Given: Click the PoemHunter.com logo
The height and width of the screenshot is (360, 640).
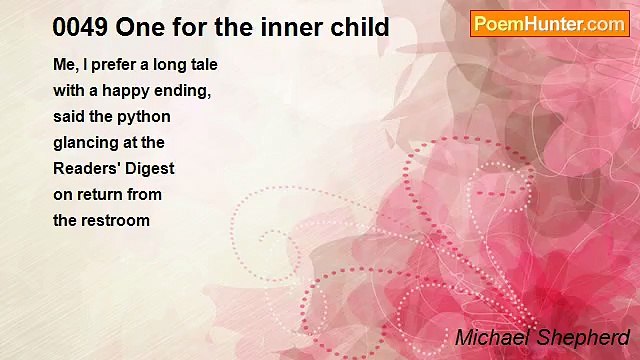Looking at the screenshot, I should point(549,24).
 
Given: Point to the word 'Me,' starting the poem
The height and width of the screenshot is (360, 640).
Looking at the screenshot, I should point(65,65).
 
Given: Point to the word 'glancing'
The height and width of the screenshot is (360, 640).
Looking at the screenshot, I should point(85,143).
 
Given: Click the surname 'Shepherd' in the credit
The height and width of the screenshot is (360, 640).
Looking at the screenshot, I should point(585,337).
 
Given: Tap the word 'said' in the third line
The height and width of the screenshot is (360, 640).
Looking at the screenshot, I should point(68,117).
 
